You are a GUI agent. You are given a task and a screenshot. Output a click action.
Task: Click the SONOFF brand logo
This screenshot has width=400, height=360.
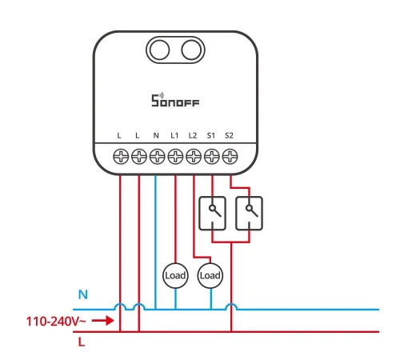tap(175, 100)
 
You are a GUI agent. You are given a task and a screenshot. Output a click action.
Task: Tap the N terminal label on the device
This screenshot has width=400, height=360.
tap(156, 136)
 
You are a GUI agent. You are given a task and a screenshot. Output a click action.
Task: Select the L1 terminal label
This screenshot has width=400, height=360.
tap(174, 136)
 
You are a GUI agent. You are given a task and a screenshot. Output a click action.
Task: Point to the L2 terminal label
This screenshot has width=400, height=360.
tap(193, 136)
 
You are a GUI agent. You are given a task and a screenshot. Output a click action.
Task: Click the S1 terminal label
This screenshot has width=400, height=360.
tap(211, 136)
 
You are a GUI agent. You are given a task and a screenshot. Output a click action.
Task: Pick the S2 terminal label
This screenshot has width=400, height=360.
tap(229, 136)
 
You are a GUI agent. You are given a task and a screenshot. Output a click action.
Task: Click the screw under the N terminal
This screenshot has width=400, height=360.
tap(158, 157)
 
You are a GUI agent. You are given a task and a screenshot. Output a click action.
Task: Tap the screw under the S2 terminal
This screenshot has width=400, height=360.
tap(230, 157)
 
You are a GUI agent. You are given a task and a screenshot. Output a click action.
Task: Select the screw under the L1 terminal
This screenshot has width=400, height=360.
tap(175, 157)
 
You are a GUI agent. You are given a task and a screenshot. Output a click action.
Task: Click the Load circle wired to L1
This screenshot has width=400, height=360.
tap(175, 275)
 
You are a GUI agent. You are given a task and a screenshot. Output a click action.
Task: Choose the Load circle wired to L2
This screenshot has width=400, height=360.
tap(210, 275)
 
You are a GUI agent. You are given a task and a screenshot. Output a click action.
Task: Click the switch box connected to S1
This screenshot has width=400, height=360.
tap(213, 214)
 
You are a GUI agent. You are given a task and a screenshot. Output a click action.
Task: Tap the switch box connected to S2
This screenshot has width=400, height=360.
tap(249, 214)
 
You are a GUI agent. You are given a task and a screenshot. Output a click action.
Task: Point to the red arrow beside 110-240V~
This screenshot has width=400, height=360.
tap(103, 320)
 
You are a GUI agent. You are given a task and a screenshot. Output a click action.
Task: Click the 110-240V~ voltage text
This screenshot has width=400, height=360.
tap(56, 322)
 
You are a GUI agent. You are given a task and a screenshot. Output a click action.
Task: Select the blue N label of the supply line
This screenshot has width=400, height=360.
tap(83, 294)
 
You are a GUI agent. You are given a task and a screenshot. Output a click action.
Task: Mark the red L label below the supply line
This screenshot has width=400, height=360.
tap(82, 342)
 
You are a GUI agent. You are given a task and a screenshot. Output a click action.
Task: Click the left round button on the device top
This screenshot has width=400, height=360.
tap(159, 50)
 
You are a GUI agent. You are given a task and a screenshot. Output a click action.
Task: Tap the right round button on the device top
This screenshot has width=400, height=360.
tap(191, 50)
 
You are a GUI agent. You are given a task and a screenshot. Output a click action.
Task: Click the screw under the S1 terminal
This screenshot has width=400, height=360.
tap(212, 157)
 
